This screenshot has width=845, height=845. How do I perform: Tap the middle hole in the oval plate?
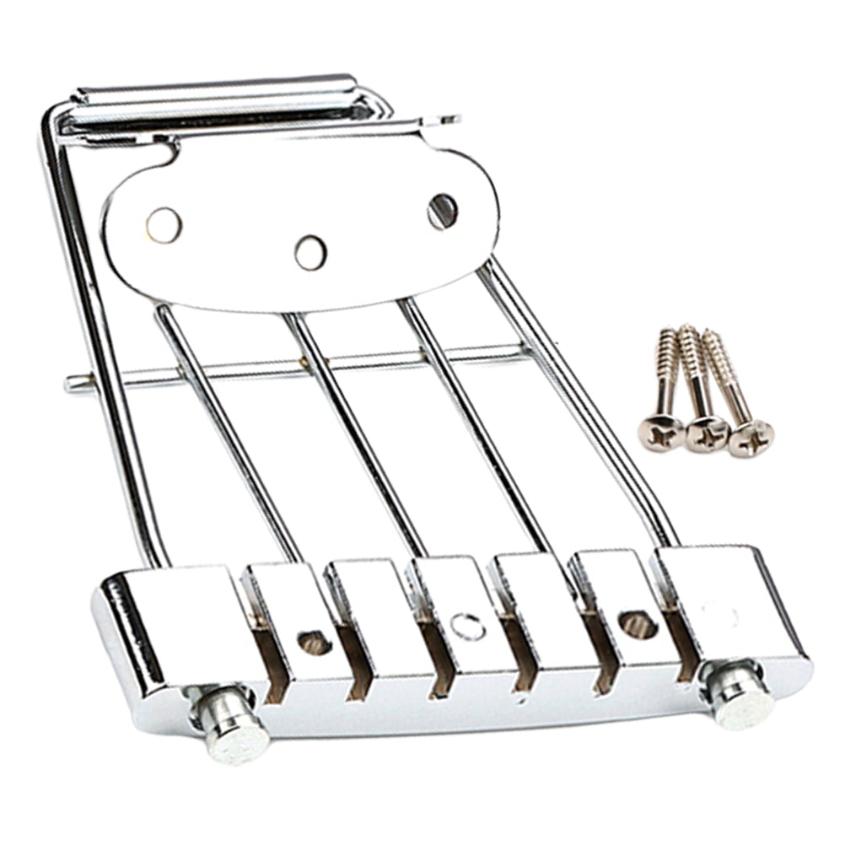click(x=310, y=252)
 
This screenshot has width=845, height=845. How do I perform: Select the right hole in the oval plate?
click(x=442, y=211)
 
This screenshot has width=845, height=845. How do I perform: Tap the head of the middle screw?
click(x=706, y=435)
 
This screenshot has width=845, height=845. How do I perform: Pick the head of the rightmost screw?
click(x=751, y=439)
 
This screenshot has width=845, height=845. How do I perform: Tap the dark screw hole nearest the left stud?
click(x=315, y=643)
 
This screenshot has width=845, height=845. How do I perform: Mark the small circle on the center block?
click(x=468, y=627)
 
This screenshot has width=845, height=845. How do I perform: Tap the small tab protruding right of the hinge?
click(x=442, y=121)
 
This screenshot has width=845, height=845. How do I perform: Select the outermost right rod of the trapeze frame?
click(x=582, y=396)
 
